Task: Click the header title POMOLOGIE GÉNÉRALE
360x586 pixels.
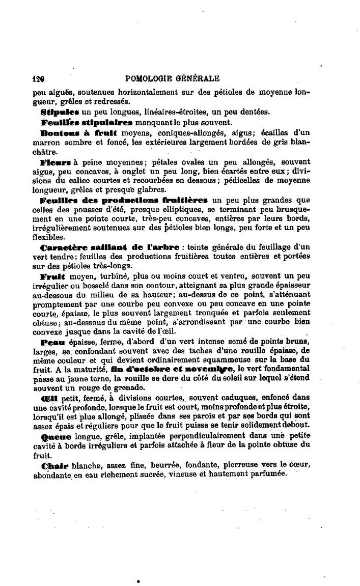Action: pyautogui.click(x=172, y=79)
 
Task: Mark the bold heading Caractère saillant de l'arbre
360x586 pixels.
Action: pyautogui.click(x=109, y=247)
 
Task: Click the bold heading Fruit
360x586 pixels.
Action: pyautogui.click(x=50, y=277)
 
